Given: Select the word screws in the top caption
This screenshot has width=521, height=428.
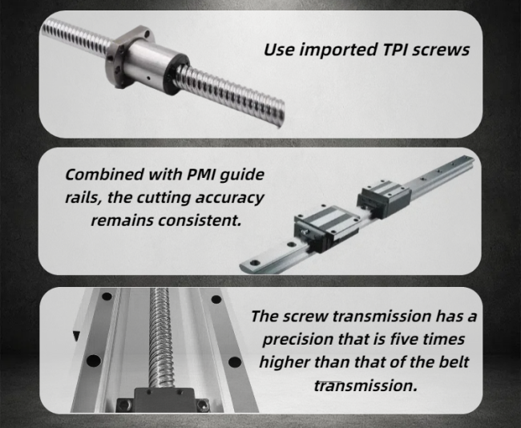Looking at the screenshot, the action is (x=441, y=50).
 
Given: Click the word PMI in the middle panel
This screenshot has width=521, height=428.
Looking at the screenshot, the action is (x=201, y=175).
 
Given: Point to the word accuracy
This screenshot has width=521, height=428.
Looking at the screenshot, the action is (x=229, y=199).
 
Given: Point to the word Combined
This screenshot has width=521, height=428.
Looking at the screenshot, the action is (x=104, y=175).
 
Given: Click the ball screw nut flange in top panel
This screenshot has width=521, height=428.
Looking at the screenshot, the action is (x=130, y=56).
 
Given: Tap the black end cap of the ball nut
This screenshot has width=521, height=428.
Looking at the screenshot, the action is (x=176, y=75).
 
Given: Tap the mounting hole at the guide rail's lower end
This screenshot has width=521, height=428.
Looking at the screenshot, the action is (x=255, y=263).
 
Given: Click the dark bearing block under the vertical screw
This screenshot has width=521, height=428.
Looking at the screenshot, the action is (x=163, y=400).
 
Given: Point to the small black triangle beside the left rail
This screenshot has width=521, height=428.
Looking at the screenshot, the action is (x=76, y=336).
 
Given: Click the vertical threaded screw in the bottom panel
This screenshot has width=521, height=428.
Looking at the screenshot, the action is (x=160, y=337).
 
